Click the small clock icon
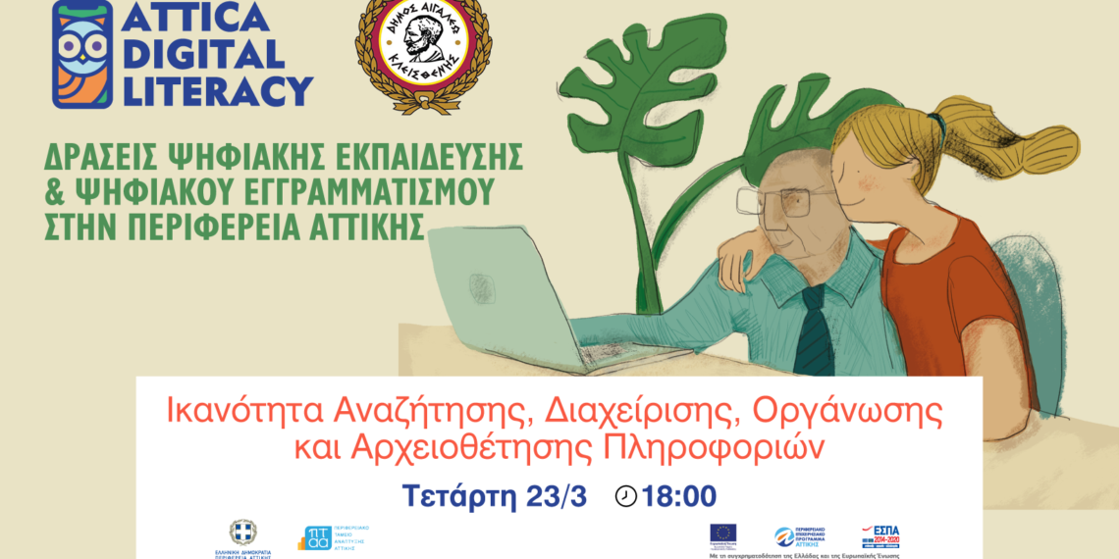click(625, 496)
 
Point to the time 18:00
click(679, 496)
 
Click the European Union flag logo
click(722, 535)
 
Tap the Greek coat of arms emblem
click(242, 532)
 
